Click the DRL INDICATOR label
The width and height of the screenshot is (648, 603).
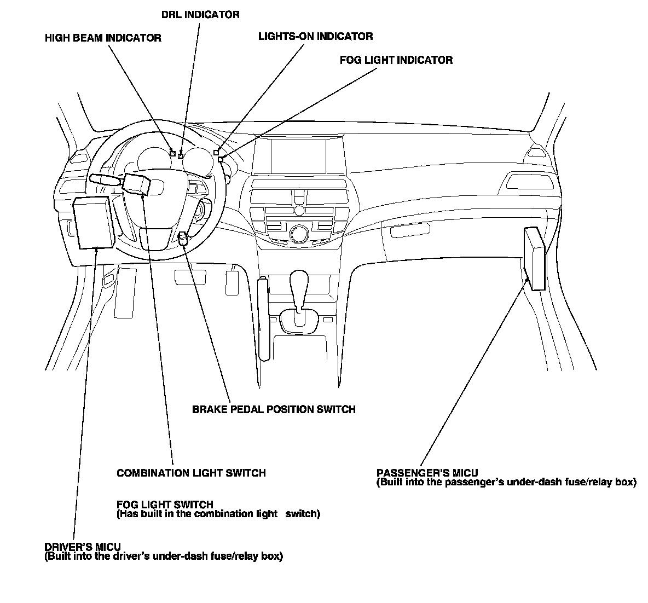[200, 14]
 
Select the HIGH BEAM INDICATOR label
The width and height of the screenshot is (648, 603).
[103, 38]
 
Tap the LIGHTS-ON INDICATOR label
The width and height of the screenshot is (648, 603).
[315, 37]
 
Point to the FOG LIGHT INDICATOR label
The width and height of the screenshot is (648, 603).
[396, 60]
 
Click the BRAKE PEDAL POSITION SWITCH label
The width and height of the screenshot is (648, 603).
[274, 409]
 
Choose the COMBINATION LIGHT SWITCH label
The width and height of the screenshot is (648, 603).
[191, 473]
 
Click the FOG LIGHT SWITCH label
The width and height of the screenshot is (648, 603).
[165, 504]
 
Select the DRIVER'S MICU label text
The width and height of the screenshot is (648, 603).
[83, 547]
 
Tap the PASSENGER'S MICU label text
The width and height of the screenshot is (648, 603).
[427, 473]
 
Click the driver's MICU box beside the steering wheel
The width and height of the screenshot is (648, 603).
[94, 222]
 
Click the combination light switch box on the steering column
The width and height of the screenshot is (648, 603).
[136, 183]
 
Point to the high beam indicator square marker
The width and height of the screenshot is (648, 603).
[173, 153]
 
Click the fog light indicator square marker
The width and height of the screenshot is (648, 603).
[221, 159]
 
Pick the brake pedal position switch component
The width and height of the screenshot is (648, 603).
[183, 237]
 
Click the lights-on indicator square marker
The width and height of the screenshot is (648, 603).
[216, 152]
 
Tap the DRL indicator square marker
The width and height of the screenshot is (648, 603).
[181, 156]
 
